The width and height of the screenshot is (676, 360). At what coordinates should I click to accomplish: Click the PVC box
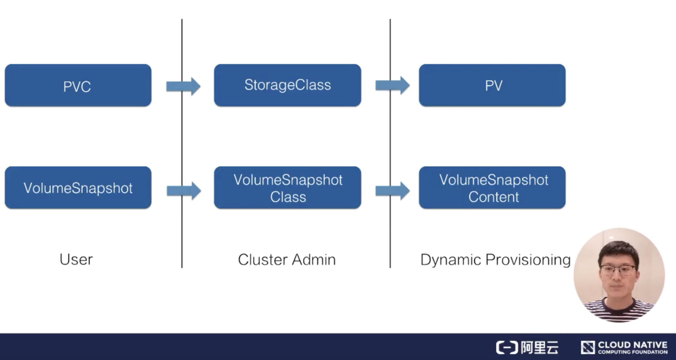[78, 85]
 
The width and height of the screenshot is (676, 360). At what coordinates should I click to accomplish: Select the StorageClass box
[287, 85]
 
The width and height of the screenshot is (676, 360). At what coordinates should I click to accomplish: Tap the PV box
[492, 85]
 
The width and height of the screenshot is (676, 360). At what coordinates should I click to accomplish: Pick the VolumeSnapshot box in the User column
[78, 188]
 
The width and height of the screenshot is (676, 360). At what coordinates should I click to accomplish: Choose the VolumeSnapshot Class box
[287, 188]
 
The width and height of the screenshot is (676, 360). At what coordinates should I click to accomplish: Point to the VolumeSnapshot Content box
[492, 188]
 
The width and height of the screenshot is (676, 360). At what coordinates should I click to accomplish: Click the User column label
[76, 260]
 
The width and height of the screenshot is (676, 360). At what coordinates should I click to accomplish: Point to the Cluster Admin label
[287, 260]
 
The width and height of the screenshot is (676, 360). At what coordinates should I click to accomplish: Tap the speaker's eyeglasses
[618, 271]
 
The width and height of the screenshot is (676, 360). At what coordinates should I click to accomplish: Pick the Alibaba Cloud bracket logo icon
[507, 347]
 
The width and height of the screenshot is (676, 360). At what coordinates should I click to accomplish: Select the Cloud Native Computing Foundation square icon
[588, 347]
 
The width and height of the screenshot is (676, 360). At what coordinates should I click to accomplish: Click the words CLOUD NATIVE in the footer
[632, 345]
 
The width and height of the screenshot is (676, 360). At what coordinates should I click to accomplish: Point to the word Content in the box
[493, 197]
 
